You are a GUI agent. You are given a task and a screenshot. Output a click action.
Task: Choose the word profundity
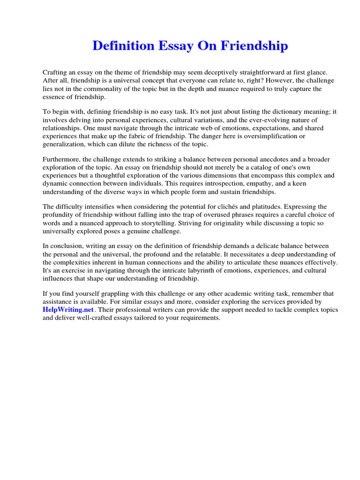click(x=59, y=215)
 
